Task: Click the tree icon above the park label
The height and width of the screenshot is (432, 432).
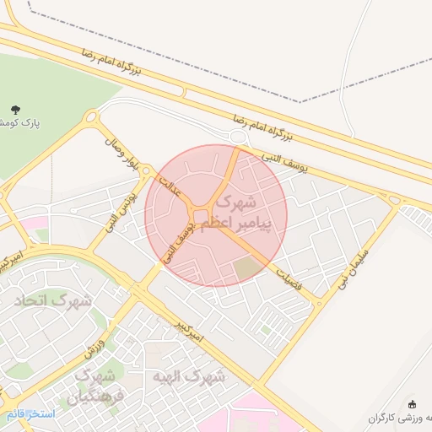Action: [x=13, y=109]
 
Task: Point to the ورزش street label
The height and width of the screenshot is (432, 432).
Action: [x=93, y=341]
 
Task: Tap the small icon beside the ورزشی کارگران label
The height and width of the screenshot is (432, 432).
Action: [x=412, y=405]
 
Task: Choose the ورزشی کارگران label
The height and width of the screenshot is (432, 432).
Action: [x=401, y=418]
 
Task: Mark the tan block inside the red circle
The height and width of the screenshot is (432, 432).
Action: [x=247, y=269]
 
